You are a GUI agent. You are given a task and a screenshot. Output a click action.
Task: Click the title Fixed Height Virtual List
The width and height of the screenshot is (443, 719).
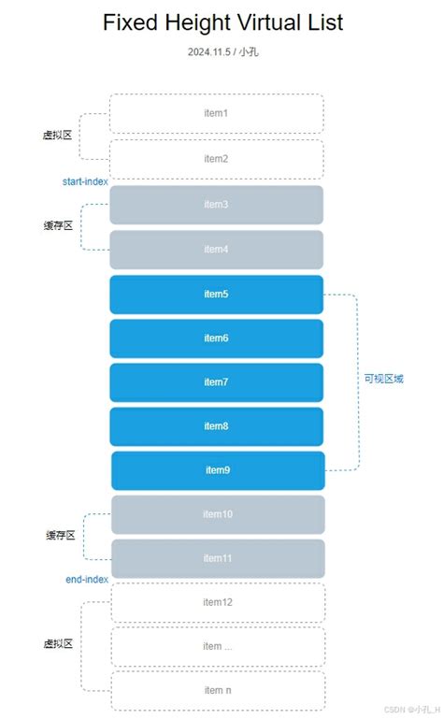[x=222, y=22]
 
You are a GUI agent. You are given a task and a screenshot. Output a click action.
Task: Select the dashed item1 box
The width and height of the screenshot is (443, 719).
[x=216, y=113]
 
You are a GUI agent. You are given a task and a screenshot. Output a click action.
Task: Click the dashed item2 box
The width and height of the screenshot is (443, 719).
[x=216, y=159]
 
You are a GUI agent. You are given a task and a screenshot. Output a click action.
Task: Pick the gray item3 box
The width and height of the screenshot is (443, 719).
[x=216, y=205]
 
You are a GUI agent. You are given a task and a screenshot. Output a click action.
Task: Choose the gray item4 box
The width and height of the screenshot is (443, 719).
[x=216, y=250]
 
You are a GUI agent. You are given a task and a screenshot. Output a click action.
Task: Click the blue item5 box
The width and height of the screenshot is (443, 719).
[x=216, y=295]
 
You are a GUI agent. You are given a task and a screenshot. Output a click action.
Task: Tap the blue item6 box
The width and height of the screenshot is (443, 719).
[x=216, y=338]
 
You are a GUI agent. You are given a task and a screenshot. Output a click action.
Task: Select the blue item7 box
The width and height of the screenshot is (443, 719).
[x=216, y=382]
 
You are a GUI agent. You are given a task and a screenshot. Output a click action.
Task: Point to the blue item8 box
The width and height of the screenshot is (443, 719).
[x=216, y=426]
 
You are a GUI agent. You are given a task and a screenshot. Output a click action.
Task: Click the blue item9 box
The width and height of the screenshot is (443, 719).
[x=218, y=470]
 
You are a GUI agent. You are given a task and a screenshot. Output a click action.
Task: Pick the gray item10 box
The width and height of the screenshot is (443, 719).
[x=218, y=514]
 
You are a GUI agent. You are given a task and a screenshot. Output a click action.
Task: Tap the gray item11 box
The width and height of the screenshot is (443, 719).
[x=218, y=558]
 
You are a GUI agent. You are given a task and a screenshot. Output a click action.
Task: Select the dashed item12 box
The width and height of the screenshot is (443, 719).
[x=218, y=602]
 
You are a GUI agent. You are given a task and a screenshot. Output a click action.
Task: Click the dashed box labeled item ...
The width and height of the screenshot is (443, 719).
[x=218, y=646]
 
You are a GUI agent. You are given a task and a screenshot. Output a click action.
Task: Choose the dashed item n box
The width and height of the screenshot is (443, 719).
[x=218, y=690]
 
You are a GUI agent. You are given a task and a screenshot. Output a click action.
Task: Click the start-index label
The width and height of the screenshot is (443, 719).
[x=85, y=180]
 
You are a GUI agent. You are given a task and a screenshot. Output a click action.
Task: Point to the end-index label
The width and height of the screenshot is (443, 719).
[x=87, y=580]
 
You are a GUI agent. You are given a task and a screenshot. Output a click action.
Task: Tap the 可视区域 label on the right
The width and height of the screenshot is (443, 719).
[x=384, y=379]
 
